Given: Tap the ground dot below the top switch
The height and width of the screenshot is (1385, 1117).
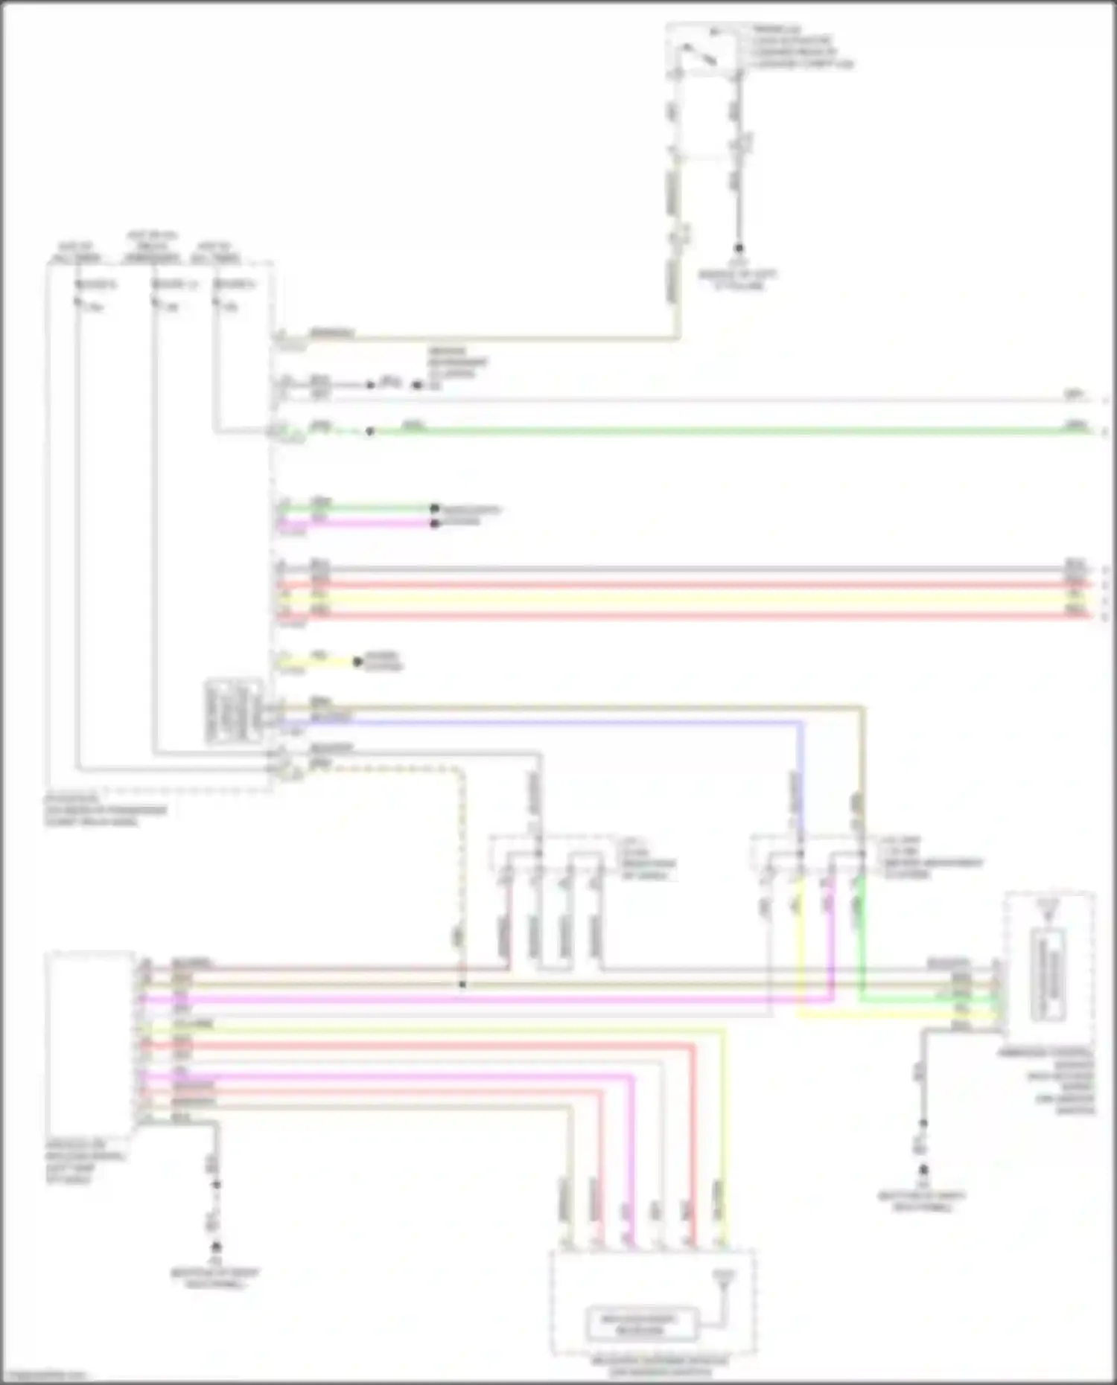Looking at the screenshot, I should [x=739, y=249].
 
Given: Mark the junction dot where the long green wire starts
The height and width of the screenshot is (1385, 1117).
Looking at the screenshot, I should [x=370, y=431].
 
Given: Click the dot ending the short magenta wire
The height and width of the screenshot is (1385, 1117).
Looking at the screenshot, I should [x=434, y=523].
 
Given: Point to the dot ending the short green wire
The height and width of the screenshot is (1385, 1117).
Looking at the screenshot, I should [x=434, y=509].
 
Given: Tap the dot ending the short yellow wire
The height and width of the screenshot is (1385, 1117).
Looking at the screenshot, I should [x=357, y=662].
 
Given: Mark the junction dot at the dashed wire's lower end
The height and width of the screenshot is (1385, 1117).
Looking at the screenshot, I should [x=462, y=985].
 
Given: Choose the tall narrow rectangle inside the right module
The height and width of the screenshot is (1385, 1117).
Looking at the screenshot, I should [x=1048, y=975].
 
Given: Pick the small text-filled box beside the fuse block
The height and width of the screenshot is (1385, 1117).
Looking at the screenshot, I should [x=234, y=711].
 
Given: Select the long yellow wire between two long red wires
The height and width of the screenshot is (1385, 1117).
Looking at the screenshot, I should [x=670, y=599].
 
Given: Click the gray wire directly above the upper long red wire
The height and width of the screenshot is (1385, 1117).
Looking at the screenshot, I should [x=670, y=569].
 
